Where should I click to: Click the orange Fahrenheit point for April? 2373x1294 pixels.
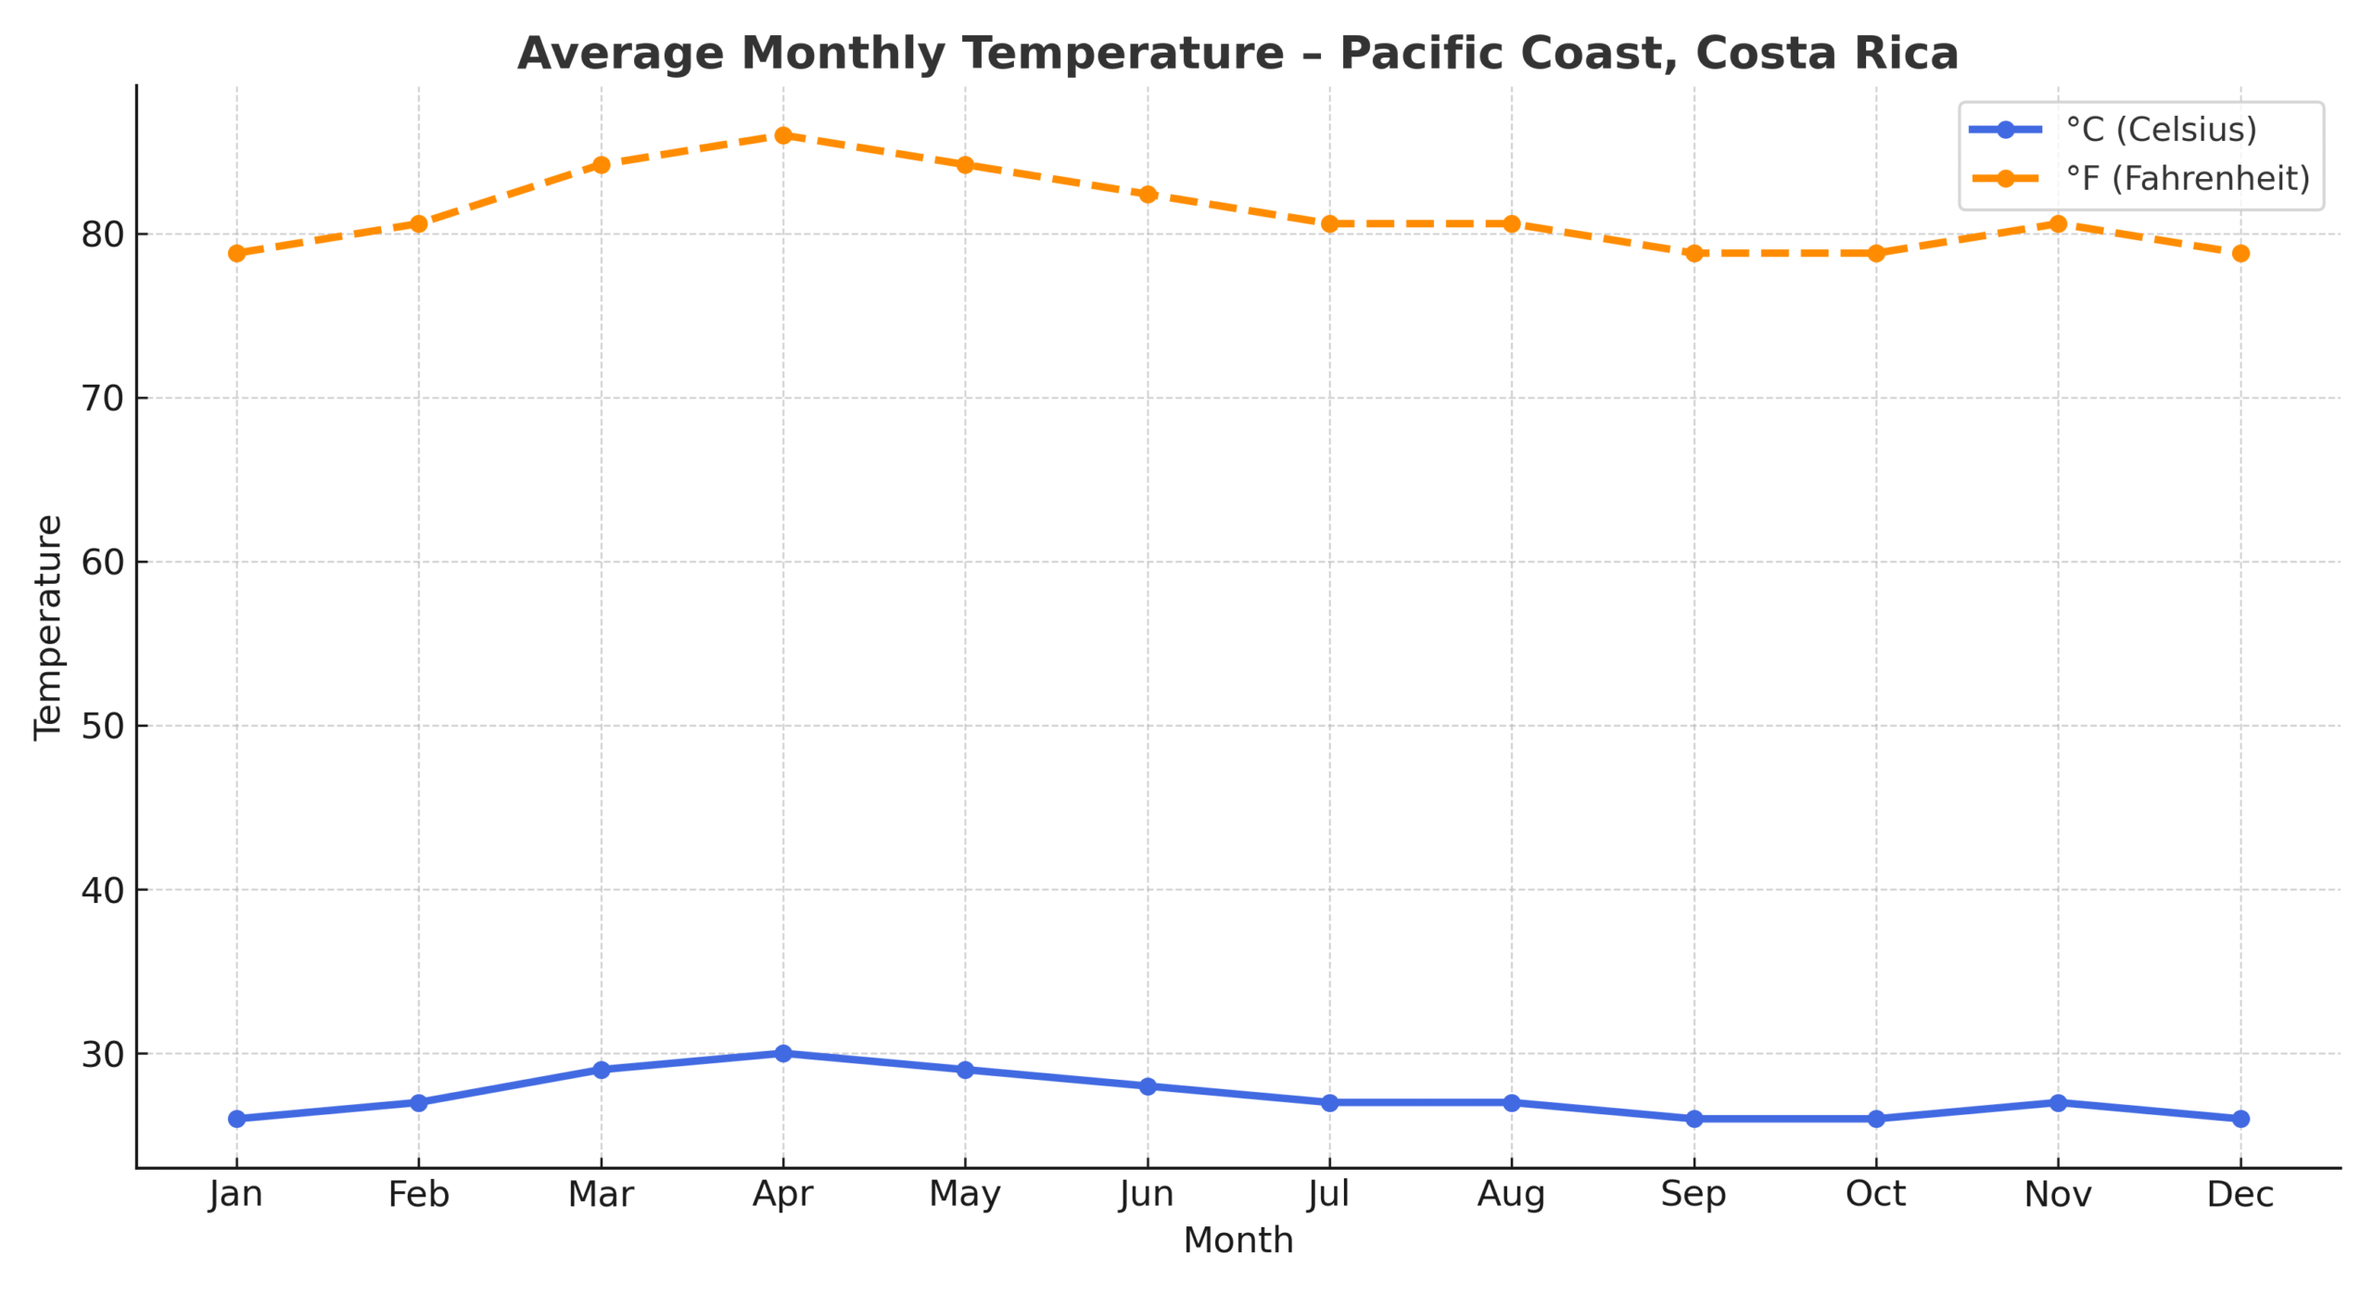[x=782, y=135]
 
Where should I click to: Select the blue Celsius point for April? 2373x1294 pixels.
[x=782, y=1053]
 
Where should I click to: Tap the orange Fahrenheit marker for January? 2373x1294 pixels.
[x=236, y=253]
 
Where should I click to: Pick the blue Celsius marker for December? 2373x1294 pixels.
[x=2240, y=1119]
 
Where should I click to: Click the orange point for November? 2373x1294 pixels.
[x=2057, y=223]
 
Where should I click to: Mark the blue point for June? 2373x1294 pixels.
[x=1147, y=1085]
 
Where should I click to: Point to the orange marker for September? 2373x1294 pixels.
[x=1694, y=253]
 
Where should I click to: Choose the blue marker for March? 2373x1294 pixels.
[x=601, y=1070]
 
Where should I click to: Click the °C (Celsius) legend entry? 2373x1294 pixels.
[x=2160, y=130]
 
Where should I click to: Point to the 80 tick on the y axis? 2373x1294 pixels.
[x=102, y=235]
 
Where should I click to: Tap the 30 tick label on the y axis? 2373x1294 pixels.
[x=102, y=1054]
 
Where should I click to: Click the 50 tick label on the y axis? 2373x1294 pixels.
[x=102, y=726]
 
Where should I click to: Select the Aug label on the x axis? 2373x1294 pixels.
[x=1511, y=1194]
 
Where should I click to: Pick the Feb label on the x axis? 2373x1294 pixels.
[x=418, y=1194]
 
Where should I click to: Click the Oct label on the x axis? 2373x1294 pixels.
[x=1875, y=1194]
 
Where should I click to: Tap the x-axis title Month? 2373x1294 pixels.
[x=1237, y=1240]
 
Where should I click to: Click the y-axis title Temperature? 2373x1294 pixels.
[x=48, y=628]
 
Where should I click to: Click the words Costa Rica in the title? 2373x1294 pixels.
[x=1826, y=53]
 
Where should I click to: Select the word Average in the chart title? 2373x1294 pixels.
[x=619, y=53]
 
